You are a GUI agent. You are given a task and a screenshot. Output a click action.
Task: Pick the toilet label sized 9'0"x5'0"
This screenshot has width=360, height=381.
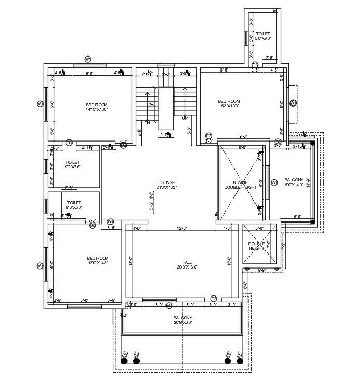coord(74,206)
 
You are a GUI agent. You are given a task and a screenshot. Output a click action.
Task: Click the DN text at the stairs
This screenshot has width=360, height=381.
coord(147,123)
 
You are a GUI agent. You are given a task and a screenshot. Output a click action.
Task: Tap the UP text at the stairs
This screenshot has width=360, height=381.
coord(184,118)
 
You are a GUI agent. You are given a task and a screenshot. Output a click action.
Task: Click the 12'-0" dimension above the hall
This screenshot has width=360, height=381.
coord(182,228)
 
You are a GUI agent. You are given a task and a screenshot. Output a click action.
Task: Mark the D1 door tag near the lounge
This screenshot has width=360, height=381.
coord(110,222)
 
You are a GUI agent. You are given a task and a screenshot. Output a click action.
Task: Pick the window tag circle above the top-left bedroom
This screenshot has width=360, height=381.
coord(88,59)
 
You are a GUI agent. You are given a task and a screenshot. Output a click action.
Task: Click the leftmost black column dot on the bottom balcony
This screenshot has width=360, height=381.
coord(124,361)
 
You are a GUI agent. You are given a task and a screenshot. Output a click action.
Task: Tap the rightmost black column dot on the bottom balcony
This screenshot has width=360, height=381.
coord(240,361)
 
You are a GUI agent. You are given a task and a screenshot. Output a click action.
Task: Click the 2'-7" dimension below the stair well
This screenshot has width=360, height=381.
coord(165,135)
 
